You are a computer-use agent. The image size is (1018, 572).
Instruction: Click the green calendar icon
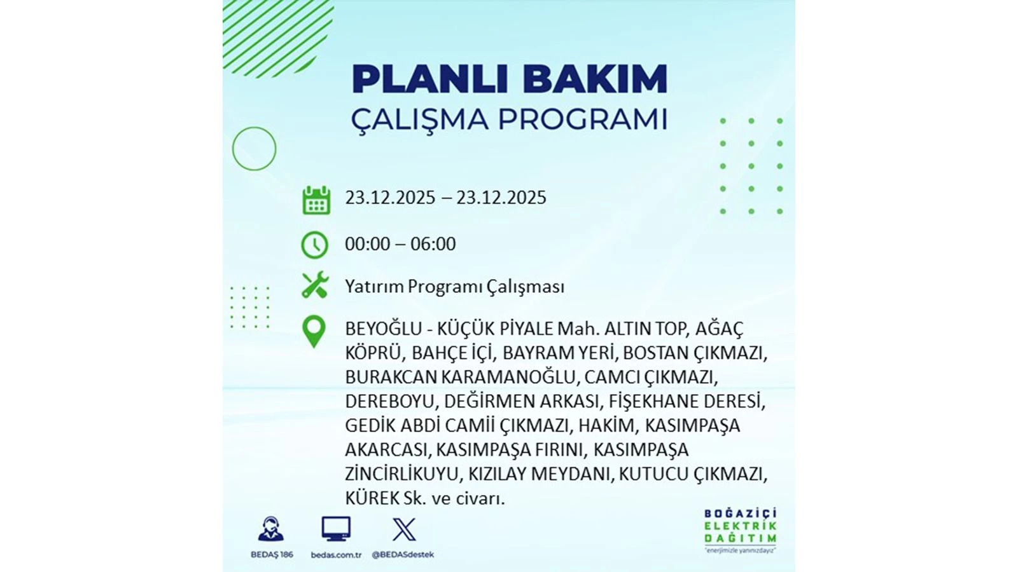point(316,200)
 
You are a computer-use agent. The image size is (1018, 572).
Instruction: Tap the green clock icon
point(314,245)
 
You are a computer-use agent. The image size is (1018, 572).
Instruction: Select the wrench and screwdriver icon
point(315,285)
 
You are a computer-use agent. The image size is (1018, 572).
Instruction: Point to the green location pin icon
point(314,332)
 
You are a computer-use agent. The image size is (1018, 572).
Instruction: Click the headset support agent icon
point(271,529)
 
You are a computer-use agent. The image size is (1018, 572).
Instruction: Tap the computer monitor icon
point(336,529)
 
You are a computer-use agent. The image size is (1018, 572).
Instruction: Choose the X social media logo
point(403,529)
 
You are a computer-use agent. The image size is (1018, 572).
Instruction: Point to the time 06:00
point(433,244)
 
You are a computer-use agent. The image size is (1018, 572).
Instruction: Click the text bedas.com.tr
point(337,555)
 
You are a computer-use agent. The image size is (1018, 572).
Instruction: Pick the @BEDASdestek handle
point(403,555)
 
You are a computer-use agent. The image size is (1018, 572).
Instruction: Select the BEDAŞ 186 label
point(272,555)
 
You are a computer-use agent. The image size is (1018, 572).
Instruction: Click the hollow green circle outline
point(254,127)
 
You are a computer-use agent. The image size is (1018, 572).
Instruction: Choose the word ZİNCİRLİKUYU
point(401,474)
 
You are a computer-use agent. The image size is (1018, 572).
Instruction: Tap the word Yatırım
point(374,287)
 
